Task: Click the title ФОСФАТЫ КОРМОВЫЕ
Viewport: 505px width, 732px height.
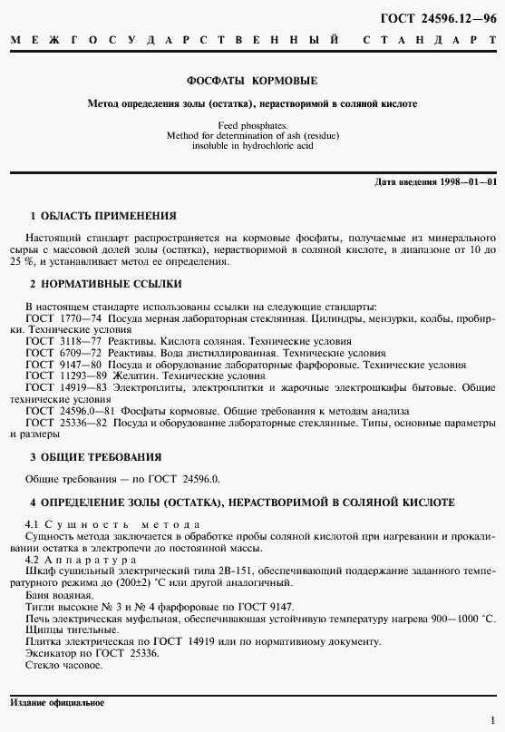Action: coord(252,81)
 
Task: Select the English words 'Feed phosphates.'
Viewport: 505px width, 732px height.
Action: coord(252,125)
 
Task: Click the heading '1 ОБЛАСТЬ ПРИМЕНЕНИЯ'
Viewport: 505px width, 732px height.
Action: coord(103,216)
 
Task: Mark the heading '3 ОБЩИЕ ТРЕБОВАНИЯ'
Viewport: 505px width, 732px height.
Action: coord(96,456)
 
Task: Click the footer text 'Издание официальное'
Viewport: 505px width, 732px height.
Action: coord(56,703)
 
